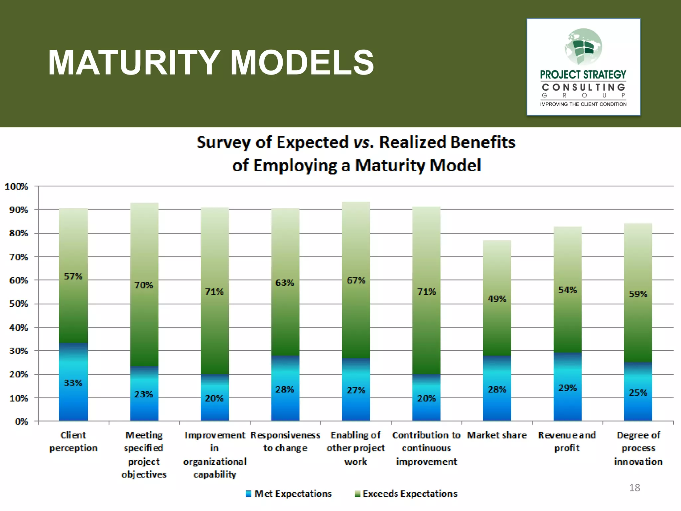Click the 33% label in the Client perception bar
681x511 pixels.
(73, 383)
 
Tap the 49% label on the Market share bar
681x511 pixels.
(497, 299)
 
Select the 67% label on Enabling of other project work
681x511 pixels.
(356, 280)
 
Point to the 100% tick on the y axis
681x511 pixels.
(16, 187)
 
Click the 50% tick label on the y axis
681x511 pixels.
(18, 304)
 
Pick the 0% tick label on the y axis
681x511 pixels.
(21, 422)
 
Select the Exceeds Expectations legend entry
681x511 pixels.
(406, 494)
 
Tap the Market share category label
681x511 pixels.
(497, 435)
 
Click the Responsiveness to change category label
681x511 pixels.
(285, 441)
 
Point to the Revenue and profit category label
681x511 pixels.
(567, 441)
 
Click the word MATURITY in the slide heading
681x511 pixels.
(133, 63)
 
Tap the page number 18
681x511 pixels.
(634, 488)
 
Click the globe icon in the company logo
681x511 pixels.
(583, 47)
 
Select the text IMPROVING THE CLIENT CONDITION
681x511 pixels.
(583, 104)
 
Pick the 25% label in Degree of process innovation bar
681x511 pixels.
(638, 393)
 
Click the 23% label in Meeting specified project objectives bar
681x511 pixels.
(144, 394)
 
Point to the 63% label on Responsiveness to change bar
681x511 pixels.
(285, 283)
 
